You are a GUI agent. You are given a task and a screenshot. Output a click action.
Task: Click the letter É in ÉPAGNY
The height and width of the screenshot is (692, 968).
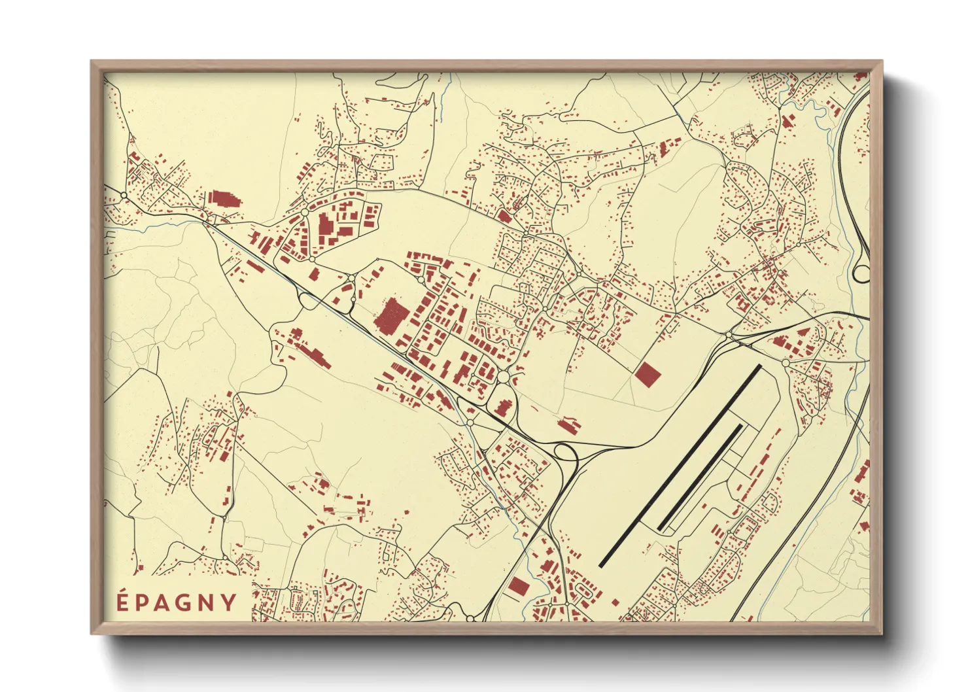[122, 601]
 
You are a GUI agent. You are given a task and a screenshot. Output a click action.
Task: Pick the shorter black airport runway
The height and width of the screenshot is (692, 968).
[700, 477]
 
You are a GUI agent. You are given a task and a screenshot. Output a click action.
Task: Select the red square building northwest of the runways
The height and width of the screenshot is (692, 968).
[648, 375]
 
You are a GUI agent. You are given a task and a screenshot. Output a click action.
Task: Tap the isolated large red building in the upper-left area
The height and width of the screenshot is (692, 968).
[223, 199]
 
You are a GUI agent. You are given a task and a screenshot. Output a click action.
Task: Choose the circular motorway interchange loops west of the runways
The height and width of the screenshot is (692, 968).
[564, 451]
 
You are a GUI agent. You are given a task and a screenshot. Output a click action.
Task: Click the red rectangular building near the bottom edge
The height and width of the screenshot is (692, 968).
[518, 586]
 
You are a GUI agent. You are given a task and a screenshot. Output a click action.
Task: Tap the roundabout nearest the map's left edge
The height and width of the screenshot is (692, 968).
[124, 195]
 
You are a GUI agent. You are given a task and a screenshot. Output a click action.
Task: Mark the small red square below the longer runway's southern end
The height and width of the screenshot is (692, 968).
[615, 602]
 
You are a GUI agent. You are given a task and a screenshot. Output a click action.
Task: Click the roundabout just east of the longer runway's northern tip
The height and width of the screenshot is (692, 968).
[786, 362]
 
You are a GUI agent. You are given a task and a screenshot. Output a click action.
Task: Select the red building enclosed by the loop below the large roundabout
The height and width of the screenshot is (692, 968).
[502, 406]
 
